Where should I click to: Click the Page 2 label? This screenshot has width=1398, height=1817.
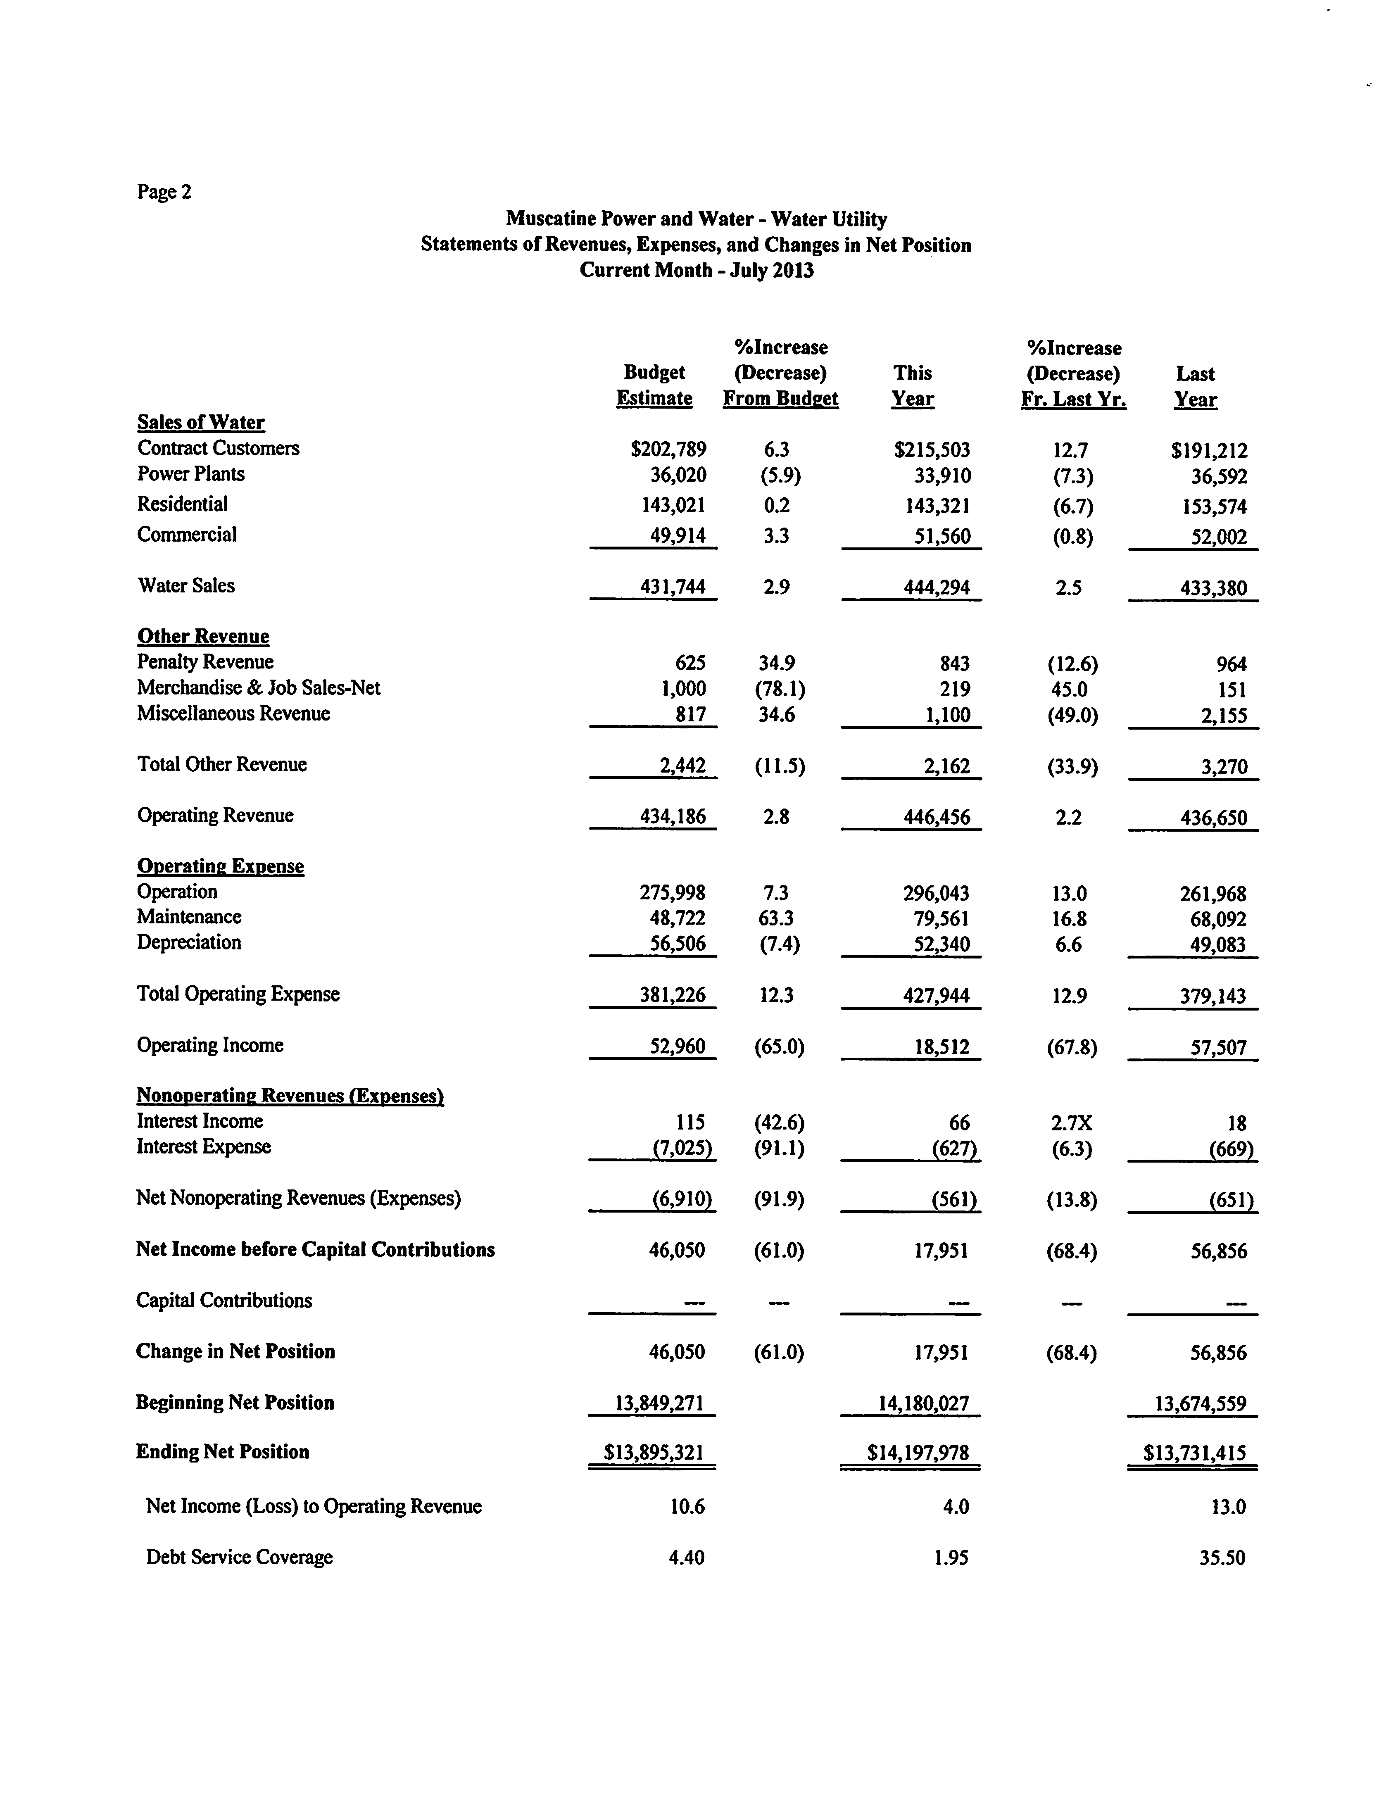[164, 192]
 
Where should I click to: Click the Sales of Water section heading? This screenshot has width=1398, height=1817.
[200, 423]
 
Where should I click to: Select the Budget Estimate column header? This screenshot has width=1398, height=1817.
[654, 385]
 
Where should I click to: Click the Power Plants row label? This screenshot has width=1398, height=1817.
[190, 474]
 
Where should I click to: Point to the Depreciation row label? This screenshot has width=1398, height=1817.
[189, 943]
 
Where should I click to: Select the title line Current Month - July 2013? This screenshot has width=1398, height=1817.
[697, 270]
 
